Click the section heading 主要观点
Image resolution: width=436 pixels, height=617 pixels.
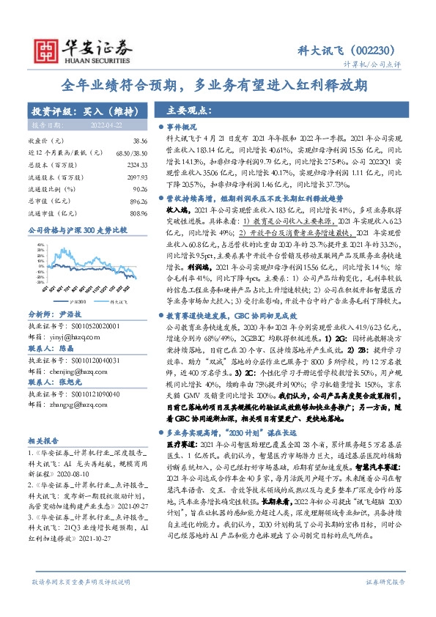coord(183,111)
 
